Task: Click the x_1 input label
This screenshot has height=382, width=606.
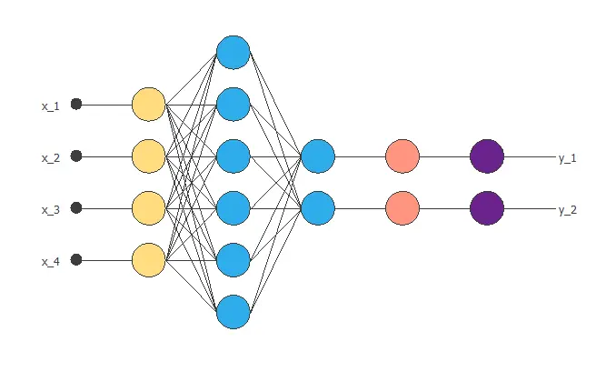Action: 50,106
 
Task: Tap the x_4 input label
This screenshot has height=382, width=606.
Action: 50,262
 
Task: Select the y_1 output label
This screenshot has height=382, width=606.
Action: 568,158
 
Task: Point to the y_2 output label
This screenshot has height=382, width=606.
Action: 568,210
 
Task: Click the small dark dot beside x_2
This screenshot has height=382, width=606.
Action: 76,156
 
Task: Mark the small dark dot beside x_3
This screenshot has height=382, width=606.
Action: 76,207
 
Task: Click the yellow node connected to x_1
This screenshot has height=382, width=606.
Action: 148,105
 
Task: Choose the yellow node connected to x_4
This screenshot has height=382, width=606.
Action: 148,260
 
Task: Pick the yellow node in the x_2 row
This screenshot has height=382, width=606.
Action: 148,156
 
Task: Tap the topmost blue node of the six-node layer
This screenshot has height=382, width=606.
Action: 233,52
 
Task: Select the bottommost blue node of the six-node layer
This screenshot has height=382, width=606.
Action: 233,312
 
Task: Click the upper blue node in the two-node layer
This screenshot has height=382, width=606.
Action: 318,156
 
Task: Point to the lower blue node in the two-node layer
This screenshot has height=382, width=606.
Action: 318,208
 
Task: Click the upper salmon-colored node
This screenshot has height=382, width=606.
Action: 402,156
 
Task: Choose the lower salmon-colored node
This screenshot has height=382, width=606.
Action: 402,208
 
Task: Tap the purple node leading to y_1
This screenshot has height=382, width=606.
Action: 487,156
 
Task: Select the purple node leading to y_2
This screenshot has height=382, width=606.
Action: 487,208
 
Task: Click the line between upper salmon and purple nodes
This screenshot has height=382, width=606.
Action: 444,156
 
